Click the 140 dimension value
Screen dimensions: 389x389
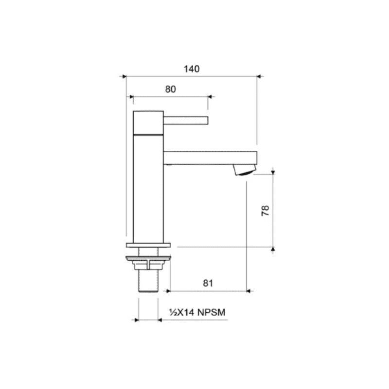click(x=192, y=69)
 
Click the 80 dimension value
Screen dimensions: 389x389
click(x=170, y=89)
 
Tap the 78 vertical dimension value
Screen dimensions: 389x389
click(x=265, y=210)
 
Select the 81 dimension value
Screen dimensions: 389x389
click(x=208, y=283)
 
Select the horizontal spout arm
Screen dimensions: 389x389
click(x=209, y=158)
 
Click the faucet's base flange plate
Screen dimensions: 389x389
click(x=148, y=246)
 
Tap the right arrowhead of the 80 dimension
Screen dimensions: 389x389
click(x=210, y=97)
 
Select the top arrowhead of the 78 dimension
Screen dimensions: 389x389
click(x=274, y=171)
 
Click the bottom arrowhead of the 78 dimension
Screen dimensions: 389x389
click(x=274, y=249)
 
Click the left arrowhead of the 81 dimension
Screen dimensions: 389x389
click(x=169, y=291)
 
